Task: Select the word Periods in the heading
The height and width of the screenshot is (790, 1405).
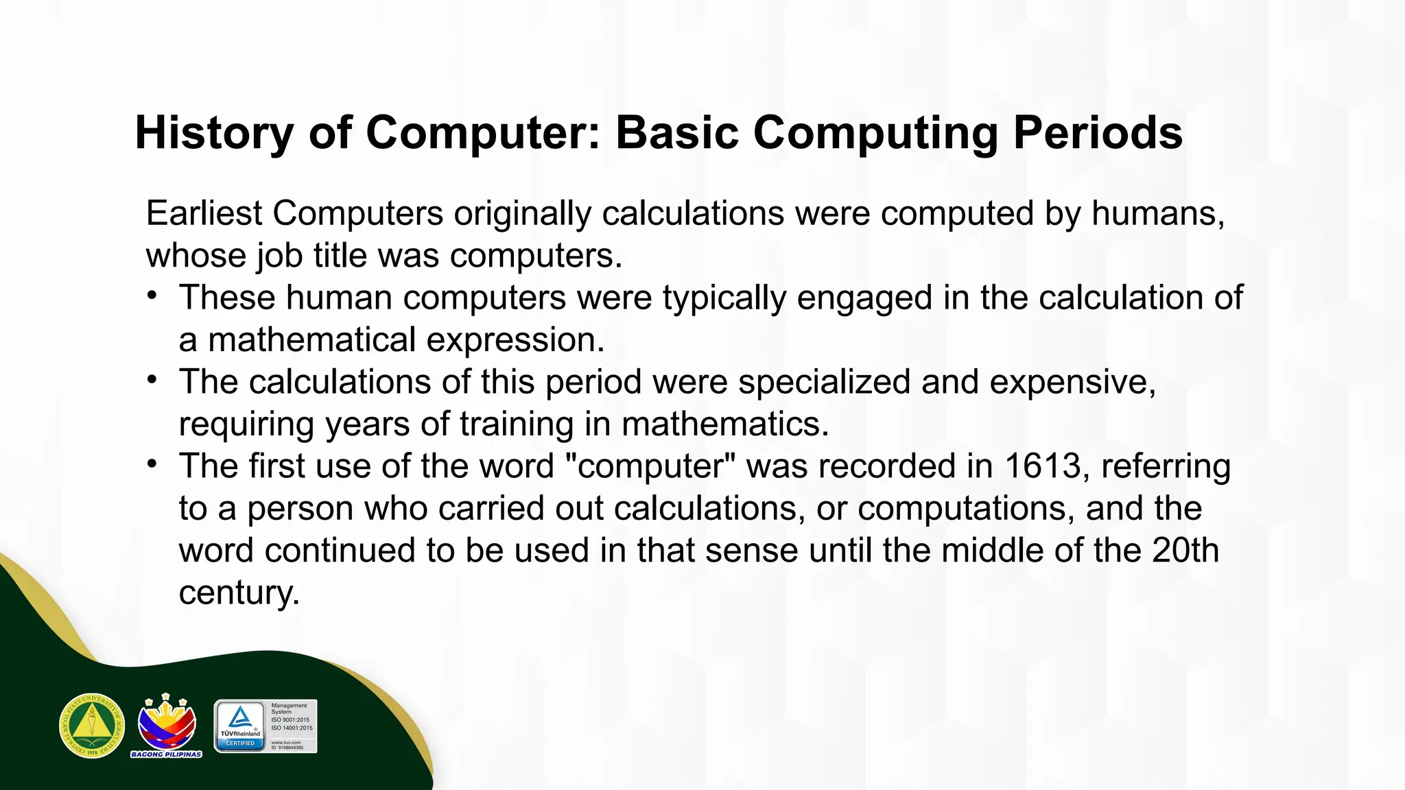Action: click(1098, 133)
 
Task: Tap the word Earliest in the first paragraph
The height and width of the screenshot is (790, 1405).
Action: click(204, 213)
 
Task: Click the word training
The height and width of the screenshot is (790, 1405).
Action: click(517, 424)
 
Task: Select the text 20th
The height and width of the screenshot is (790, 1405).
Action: click(1185, 551)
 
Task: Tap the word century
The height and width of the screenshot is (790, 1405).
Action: click(239, 593)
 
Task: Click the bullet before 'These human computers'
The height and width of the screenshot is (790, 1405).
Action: click(152, 296)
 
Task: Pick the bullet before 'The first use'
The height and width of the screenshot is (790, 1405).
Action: click(152, 464)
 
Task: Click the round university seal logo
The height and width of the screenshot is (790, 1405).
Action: click(92, 726)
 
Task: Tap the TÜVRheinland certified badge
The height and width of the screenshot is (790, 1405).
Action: click(265, 726)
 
